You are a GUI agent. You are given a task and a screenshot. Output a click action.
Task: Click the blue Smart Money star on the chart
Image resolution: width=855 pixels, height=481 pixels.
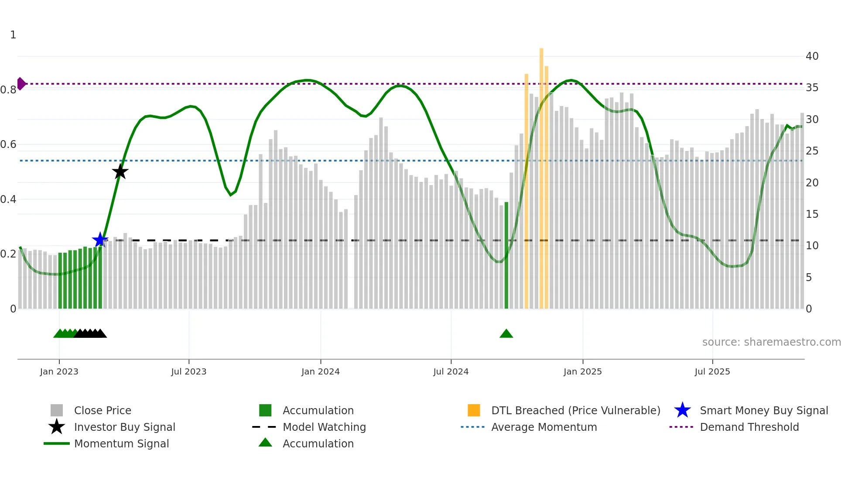(100, 240)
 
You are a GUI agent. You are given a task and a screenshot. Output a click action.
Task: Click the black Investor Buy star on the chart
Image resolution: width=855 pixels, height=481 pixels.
(120, 172)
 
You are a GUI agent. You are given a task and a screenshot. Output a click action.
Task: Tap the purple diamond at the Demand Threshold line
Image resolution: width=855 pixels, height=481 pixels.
(21, 83)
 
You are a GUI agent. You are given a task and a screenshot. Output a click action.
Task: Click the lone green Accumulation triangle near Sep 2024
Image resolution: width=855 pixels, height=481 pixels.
(506, 334)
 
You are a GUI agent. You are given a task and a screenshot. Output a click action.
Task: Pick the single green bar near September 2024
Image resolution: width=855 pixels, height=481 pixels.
(506, 255)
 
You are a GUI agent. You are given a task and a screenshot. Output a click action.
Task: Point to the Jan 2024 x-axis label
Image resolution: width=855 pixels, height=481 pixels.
(320, 371)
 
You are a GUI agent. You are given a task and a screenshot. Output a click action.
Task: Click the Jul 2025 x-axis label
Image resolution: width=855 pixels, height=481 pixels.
(712, 371)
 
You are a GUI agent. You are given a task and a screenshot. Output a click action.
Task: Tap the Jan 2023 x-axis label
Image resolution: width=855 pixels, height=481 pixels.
(59, 371)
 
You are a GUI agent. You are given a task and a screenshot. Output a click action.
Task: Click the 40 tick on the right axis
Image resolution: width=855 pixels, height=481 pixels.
(812, 56)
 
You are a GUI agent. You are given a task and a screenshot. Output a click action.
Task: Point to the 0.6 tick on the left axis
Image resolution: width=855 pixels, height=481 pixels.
(9, 144)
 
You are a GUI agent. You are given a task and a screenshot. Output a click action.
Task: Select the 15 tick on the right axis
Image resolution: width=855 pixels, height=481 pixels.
(812, 214)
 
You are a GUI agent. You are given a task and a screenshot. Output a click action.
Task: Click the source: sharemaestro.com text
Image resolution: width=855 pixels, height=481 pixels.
(771, 342)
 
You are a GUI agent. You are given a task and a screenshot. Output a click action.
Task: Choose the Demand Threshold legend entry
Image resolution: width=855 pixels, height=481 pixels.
(749, 427)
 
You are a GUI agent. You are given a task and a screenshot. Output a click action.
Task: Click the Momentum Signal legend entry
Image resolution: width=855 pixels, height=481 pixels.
(121, 443)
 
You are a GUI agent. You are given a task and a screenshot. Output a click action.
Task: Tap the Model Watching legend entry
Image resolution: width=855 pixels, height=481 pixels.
(324, 427)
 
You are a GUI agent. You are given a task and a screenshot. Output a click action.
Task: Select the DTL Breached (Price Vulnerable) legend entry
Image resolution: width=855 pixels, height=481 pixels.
(575, 410)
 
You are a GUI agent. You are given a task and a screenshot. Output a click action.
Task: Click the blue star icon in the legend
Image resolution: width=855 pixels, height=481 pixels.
(682, 410)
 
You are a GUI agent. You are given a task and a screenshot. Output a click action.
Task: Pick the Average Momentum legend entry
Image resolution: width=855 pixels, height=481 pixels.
(544, 427)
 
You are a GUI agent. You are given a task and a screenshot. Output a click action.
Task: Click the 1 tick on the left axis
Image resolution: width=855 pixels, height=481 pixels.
(13, 34)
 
